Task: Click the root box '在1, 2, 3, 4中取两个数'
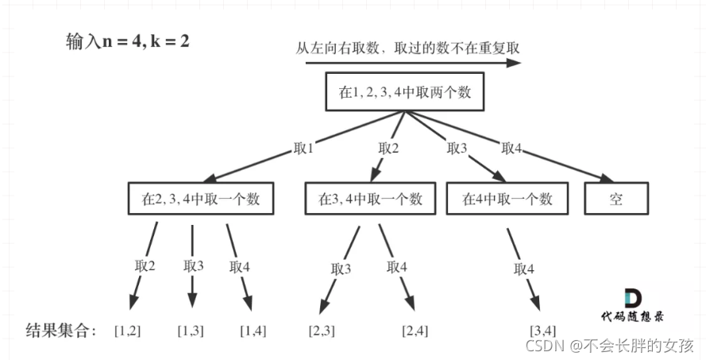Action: coord(405,92)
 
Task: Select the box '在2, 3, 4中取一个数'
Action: coord(199,199)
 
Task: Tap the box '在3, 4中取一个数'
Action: coord(370,199)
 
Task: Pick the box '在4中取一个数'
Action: coord(507,199)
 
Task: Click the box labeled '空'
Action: coord(617,199)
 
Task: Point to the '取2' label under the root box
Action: coord(388,148)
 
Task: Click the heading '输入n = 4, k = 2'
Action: coord(127,42)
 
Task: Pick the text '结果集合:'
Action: coord(60,330)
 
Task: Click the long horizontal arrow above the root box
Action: coord(413,61)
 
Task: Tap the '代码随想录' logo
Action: coord(633,305)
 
